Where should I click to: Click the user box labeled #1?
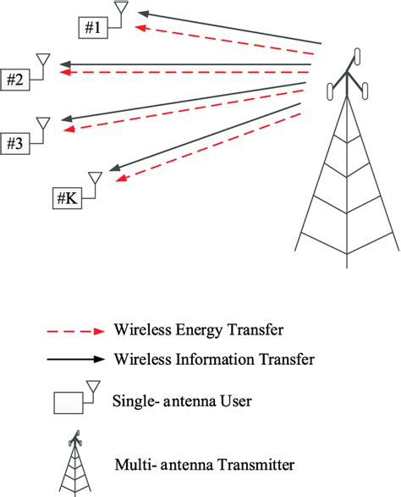click(x=93, y=28)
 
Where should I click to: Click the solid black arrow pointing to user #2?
click(x=186, y=64)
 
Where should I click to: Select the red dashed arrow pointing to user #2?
click(x=186, y=74)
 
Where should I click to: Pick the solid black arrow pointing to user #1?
click(x=228, y=27)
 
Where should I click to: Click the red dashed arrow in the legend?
click(x=76, y=329)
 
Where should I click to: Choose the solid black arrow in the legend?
click(x=76, y=359)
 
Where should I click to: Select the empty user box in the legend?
click(x=69, y=402)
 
